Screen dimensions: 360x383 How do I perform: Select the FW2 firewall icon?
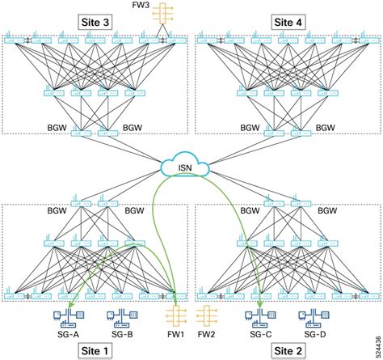tap(206, 317)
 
